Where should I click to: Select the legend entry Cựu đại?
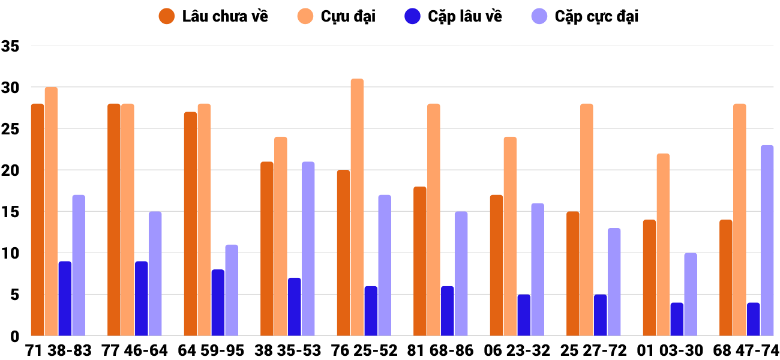pos(336,16)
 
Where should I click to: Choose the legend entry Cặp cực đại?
pos(585,16)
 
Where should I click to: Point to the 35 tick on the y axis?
pos(11,46)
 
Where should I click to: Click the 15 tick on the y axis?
pos(11,212)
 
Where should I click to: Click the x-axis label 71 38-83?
pos(58,350)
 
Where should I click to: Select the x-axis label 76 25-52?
pos(364,350)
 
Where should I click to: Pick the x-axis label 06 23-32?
pos(517,350)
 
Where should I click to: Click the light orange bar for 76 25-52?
pos(357,207)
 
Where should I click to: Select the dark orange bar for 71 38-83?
pos(38,220)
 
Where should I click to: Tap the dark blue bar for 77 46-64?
pos(141,298)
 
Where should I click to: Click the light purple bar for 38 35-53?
pos(308,248)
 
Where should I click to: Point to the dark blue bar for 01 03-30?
pos(677,319)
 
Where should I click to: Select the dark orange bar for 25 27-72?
pos(573,274)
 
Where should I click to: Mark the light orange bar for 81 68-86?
pos(434,220)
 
